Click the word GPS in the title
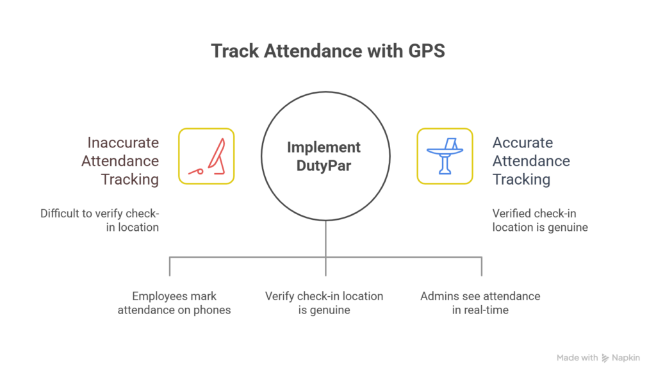pos(426,52)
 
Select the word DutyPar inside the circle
pos(324,165)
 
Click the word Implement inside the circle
pos(324,147)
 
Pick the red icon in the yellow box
pos(206,156)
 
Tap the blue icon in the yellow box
pos(445,156)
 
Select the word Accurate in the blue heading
pos(522,142)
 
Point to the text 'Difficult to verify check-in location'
pos(99,220)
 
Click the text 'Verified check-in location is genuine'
pos(539,220)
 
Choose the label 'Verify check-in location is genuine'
pos(324,303)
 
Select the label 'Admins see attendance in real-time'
pos(480,303)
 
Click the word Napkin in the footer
pos(625,358)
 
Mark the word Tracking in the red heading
pos(130,180)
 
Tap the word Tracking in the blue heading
pos(521,180)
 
